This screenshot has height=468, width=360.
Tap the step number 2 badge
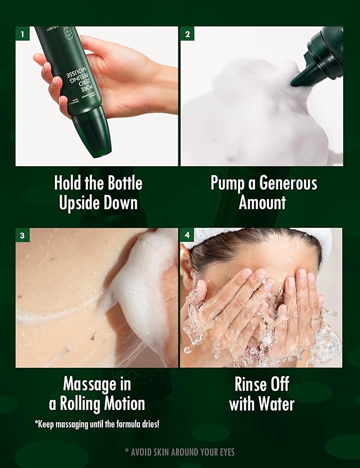[187, 34]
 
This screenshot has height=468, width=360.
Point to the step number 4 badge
[187, 235]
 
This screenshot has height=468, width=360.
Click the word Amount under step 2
[262, 202]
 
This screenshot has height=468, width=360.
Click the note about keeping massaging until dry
[96, 424]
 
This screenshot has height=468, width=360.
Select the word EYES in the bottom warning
[224, 452]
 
